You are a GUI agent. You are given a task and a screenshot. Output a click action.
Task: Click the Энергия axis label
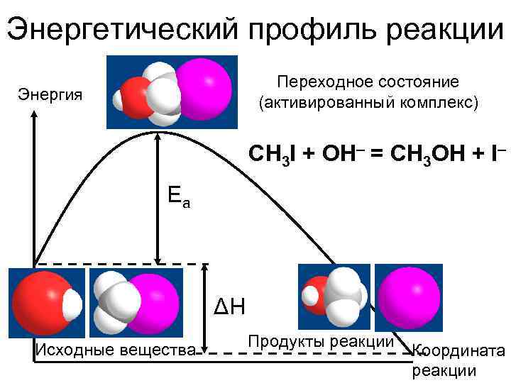coord(50,94)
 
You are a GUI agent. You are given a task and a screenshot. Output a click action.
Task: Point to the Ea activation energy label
coord(178,195)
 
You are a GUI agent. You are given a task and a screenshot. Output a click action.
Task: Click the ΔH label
coord(229,307)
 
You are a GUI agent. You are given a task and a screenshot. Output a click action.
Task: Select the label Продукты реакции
coord(321,341)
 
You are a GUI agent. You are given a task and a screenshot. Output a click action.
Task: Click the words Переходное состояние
coord(368,82)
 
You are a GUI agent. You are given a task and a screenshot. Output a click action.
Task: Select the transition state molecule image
coord(171,92)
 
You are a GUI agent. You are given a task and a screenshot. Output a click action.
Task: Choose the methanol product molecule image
coord(334,296)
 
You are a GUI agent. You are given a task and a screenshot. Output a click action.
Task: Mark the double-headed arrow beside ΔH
coord(205,308)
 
